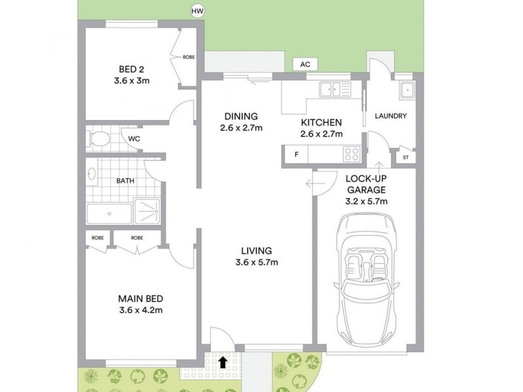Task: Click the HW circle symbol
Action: (196, 10)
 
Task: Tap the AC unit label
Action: (305, 64)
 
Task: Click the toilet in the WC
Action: (100, 138)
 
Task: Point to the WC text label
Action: (134, 139)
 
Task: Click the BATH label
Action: (126, 181)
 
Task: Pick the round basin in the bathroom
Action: (92, 174)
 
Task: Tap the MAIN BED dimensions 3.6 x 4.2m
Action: (141, 310)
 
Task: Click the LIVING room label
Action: (256, 251)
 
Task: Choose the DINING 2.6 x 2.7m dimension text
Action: (241, 128)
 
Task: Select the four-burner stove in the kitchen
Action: (351, 155)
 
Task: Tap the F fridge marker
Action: (296, 155)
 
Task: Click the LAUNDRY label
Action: (391, 116)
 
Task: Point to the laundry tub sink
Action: (407, 90)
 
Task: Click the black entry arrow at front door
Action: (223, 361)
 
